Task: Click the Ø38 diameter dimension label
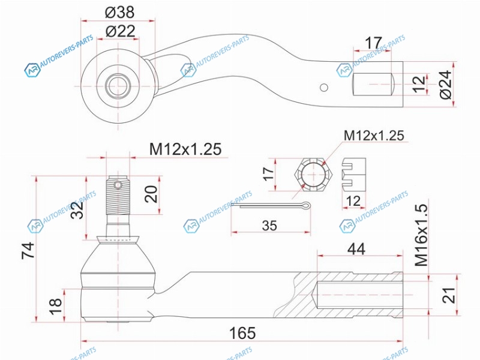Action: tap(119, 12)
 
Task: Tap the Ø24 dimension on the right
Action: tap(445, 84)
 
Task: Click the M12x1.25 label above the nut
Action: tap(374, 136)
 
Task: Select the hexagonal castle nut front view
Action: tap(314, 175)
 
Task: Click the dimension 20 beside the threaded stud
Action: tap(151, 193)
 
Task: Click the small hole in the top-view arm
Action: tap(324, 88)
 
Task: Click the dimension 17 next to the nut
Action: tap(268, 174)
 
